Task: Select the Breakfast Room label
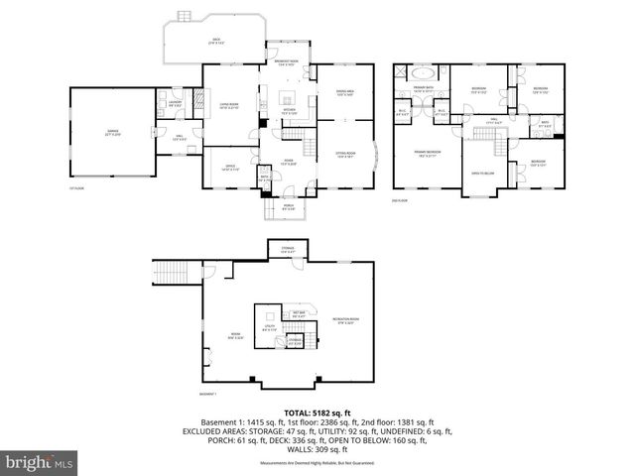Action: tap(288, 64)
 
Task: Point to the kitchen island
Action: tap(289, 97)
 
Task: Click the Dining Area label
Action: tap(345, 94)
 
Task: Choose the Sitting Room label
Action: tap(344, 155)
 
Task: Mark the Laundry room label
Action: tap(175, 102)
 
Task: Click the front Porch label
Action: tap(288, 208)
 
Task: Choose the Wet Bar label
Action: tap(299, 314)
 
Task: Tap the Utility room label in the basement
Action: tap(269, 327)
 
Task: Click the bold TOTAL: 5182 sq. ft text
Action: tap(317, 413)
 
